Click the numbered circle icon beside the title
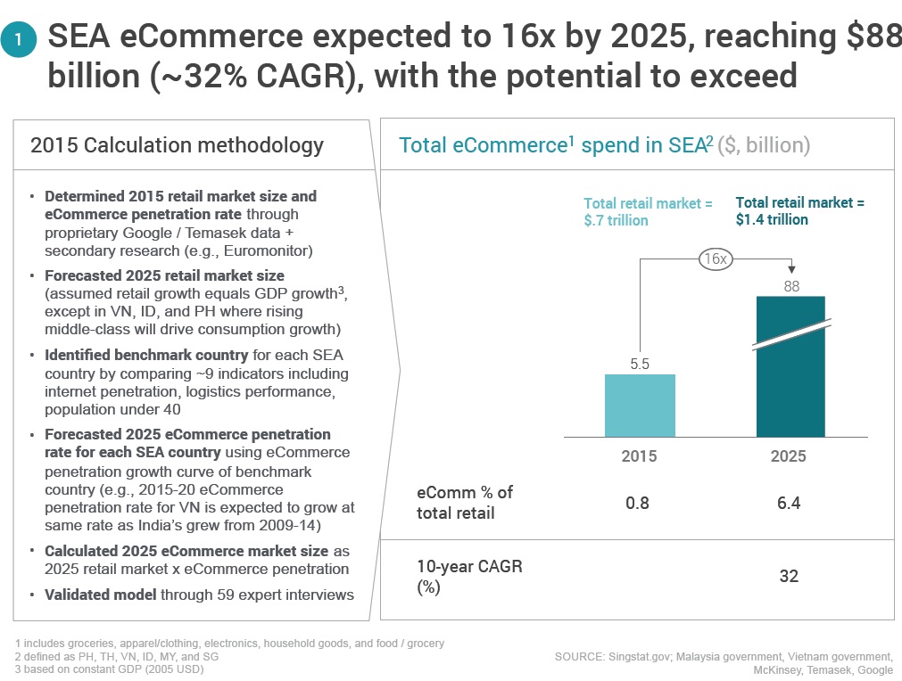[x=19, y=39]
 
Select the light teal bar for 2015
[x=640, y=406]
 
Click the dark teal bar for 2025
[x=790, y=366]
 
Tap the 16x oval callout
[x=716, y=259]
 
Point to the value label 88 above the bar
[x=791, y=286]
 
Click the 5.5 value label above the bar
[x=640, y=364]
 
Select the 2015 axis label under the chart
[x=639, y=456]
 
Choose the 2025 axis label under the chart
[x=789, y=456]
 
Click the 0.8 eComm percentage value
[x=637, y=504]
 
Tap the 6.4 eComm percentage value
[x=789, y=504]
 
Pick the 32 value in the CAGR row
[x=790, y=576]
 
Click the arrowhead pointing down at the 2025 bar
[x=791, y=269]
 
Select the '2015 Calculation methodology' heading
[x=178, y=146]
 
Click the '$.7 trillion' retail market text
[x=617, y=221]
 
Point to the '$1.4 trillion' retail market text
[x=772, y=219]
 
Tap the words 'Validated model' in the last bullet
[x=101, y=595]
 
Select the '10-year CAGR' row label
[x=469, y=567]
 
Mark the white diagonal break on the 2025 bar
[x=792, y=334]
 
